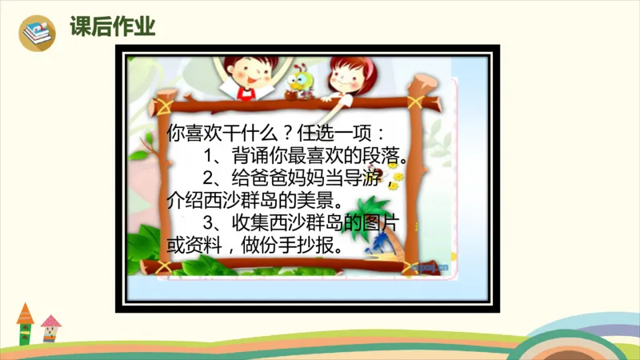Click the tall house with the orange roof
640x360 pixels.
(x=26, y=323)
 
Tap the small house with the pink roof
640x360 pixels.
(x=50, y=329)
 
